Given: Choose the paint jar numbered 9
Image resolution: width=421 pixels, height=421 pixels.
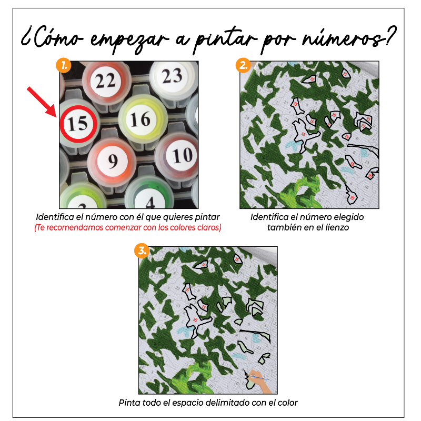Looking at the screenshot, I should (112, 160).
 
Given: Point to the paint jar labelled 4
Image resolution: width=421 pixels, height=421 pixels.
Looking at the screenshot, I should (149, 199).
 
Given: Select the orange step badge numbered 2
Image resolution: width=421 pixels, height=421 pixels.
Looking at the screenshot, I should (243, 65).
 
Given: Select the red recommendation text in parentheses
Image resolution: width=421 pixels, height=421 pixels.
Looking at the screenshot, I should (128, 227).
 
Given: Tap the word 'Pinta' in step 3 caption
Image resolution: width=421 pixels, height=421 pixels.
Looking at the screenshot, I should (129, 403).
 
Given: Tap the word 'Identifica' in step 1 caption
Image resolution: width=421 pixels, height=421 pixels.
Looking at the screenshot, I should (55, 217).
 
